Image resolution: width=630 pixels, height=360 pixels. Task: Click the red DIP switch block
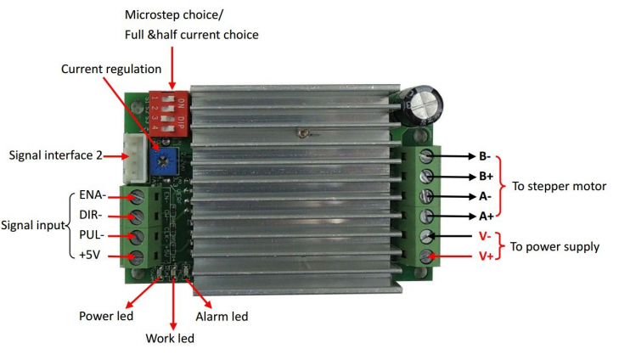coord(169,113)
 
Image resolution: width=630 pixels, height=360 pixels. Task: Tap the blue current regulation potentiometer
coord(163,161)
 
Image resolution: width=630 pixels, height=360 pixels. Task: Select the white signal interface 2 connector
coord(134,158)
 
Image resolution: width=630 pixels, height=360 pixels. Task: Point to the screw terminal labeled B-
coord(426,155)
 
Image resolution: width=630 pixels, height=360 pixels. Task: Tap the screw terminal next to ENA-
coord(137,197)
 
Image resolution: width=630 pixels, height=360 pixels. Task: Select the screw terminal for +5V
coord(137,256)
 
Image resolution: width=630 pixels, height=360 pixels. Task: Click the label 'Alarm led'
coord(222,317)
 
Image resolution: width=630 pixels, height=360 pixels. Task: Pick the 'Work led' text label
coord(170,338)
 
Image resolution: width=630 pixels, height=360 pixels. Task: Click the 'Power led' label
coord(106,316)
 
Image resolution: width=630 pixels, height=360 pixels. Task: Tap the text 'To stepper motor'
coord(559,187)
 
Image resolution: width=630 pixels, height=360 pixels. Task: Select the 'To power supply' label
coord(555,247)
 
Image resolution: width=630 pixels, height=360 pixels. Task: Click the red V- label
coord(485,236)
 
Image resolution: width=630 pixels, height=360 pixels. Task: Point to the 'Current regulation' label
coord(111,69)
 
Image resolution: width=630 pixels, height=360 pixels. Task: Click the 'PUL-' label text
coord(92,234)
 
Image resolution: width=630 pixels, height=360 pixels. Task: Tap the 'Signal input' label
coord(33,225)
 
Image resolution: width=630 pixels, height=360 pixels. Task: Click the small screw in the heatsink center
coord(305,132)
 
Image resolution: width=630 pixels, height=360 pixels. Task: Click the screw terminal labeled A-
coord(426,196)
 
